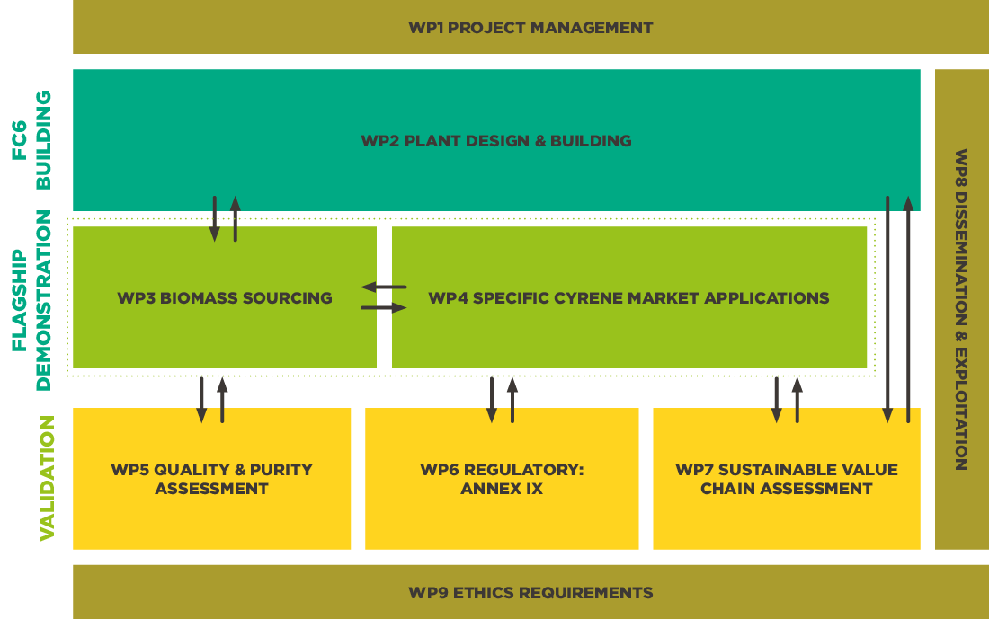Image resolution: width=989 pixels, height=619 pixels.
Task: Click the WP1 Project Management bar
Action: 530,28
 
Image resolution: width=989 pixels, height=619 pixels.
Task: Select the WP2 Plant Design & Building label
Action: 495,141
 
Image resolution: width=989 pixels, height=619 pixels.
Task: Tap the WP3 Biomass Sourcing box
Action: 225,298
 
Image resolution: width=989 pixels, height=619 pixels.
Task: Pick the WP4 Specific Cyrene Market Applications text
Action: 628,298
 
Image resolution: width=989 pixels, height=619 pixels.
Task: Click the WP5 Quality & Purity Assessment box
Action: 211,479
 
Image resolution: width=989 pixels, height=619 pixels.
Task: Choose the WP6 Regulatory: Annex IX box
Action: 502,479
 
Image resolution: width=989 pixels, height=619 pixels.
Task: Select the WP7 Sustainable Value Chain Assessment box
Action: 786,479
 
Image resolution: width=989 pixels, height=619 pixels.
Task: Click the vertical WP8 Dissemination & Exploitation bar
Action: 961,309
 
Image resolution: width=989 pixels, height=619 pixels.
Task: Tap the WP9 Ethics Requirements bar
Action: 530,592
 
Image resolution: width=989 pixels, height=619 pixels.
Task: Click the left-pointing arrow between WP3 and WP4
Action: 384,287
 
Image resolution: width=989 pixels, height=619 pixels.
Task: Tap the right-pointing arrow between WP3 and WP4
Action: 384,308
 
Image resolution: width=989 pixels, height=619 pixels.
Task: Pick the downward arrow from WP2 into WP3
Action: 215,218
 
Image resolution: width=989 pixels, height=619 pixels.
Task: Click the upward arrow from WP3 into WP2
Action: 236,218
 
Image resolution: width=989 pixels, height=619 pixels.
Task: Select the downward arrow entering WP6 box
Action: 492,400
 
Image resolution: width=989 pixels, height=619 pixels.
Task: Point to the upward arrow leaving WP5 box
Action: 222,400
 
